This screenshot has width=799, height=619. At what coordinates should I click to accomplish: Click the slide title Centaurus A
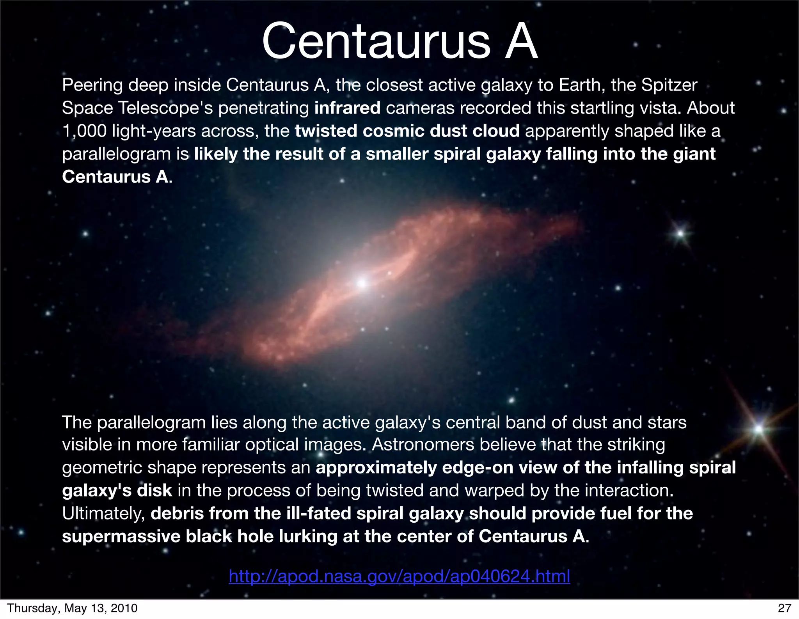[x=399, y=41]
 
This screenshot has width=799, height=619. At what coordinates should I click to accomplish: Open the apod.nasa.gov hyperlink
[x=399, y=576]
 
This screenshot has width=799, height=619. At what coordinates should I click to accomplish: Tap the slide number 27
[x=784, y=608]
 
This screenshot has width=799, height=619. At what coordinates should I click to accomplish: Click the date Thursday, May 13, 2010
[x=73, y=608]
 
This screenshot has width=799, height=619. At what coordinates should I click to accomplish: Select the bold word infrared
[x=347, y=108]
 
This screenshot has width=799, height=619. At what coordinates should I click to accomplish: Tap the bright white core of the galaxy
[x=362, y=283]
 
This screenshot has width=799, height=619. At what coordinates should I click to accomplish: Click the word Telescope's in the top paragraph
[x=165, y=108]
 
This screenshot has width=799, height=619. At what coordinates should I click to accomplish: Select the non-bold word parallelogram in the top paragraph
[x=116, y=154]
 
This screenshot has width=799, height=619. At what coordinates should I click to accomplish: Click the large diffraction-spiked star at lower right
[x=758, y=429]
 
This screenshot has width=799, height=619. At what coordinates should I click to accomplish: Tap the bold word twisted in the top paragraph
[x=326, y=131]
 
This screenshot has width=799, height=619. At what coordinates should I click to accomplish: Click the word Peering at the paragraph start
[x=92, y=85]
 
